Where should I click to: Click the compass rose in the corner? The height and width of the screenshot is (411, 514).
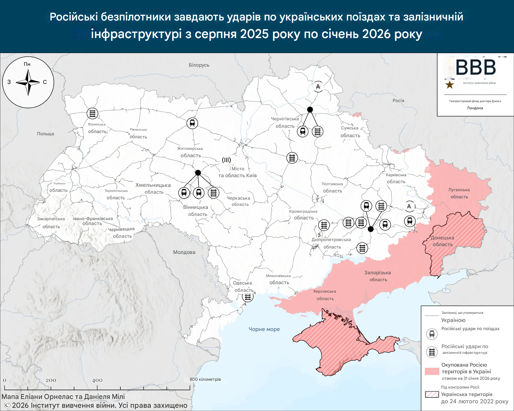(28, 82)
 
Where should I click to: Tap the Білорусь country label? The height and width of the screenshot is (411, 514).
(199, 65)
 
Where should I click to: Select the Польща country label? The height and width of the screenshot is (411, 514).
(46, 134)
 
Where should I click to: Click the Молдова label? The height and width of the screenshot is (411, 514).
(184, 252)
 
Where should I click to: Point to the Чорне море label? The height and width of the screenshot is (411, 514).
(264, 329)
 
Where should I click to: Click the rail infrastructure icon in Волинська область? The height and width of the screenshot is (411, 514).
(92, 113)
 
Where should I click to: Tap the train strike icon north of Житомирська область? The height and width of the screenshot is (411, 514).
(192, 123)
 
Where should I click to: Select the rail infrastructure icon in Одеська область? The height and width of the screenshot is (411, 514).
(248, 297)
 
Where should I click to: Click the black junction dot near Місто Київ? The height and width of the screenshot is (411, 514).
(198, 173)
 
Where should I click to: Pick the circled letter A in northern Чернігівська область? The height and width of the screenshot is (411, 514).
(318, 86)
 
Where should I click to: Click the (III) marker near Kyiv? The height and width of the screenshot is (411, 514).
(226, 160)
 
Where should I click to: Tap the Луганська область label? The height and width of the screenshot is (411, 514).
(459, 193)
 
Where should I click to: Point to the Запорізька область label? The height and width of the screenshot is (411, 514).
(378, 276)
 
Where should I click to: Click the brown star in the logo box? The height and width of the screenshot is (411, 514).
(450, 85)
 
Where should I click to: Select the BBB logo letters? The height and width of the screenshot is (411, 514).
(475, 68)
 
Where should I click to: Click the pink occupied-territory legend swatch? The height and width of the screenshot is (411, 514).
(432, 371)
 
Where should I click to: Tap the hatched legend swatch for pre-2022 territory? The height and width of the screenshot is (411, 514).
(432, 394)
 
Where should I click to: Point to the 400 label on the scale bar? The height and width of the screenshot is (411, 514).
(97, 380)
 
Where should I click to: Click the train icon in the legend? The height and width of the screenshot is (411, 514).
(432, 334)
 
